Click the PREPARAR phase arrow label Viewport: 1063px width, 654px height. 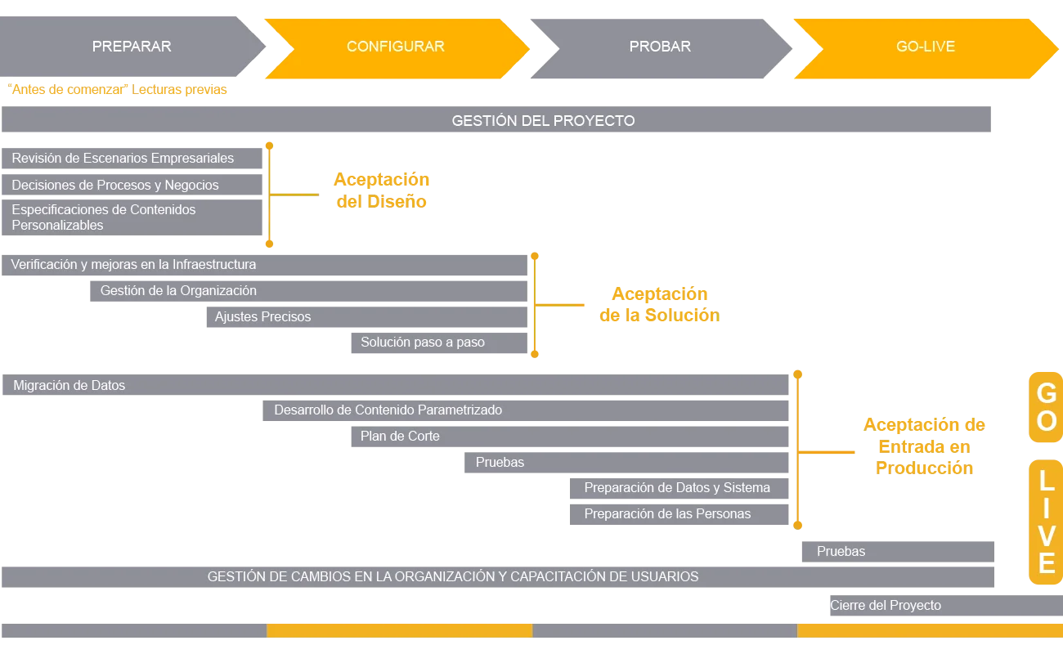click(x=132, y=47)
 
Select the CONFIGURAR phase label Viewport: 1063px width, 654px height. click(x=395, y=47)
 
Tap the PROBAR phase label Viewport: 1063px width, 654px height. click(x=660, y=47)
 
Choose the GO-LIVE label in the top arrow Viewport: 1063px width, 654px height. click(x=925, y=47)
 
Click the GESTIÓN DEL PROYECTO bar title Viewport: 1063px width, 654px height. click(x=543, y=121)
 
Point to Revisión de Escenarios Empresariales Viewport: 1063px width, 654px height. click(x=123, y=159)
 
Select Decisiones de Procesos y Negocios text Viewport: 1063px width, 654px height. click(x=115, y=186)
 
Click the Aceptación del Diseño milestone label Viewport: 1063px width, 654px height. click(x=381, y=190)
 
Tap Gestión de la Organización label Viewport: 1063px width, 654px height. click(x=178, y=291)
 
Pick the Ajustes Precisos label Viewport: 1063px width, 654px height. click(x=262, y=317)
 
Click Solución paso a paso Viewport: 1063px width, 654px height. click(x=422, y=343)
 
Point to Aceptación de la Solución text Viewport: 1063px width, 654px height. click(x=660, y=304)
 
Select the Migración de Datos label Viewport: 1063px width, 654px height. click(x=70, y=386)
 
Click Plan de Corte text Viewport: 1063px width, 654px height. click(x=400, y=437)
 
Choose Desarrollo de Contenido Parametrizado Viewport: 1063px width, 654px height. click(x=388, y=410)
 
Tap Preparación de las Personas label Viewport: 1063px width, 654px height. click(x=667, y=514)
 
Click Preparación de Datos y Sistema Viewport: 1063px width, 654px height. click(x=677, y=488)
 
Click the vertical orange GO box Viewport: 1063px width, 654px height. click(x=1046, y=407)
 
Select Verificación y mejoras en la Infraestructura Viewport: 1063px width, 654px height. click(x=133, y=265)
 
